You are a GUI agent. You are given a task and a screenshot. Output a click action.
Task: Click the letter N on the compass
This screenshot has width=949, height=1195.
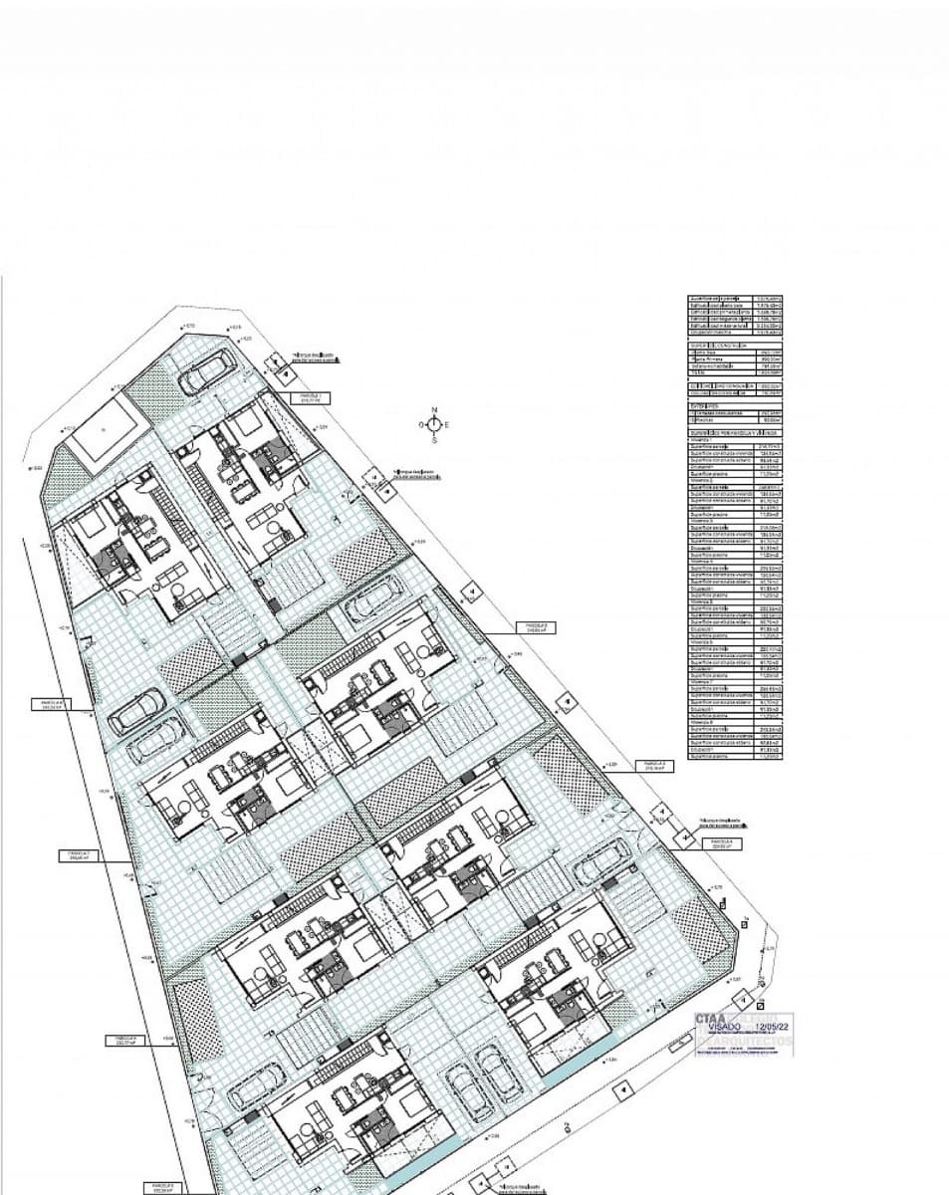[x=434, y=410]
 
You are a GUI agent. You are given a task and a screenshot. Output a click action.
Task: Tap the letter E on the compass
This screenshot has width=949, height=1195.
[x=447, y=425]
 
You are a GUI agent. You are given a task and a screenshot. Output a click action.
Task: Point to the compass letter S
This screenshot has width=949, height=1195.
[x=434, y=439]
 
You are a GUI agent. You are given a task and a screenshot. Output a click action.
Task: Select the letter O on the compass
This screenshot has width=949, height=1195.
[x=421, y=425]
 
